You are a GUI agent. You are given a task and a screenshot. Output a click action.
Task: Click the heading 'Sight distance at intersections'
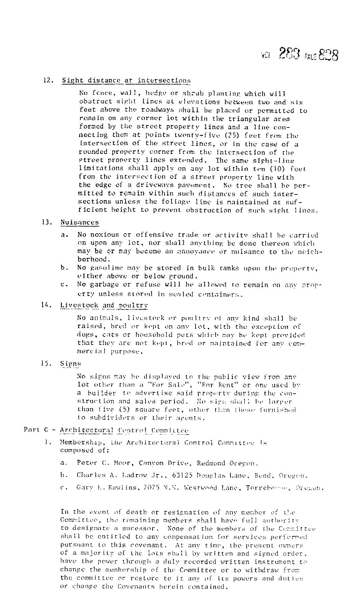click(x=126, y=80)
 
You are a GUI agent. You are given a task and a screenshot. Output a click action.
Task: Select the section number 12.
click(x=47, y=80)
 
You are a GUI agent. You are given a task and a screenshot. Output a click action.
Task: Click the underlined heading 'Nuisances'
click(x=80, y=223)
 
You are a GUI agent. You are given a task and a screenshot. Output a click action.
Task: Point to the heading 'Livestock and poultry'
click(x=104, y=305)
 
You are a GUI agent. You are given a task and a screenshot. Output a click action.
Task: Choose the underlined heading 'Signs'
click(x=70, y=364)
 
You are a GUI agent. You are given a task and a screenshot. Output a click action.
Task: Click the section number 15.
click(x=46, y=364)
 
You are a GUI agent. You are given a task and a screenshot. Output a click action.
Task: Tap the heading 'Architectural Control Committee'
click(x=124, y=430)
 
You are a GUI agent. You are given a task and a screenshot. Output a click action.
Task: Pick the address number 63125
click(x=182, y=475)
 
